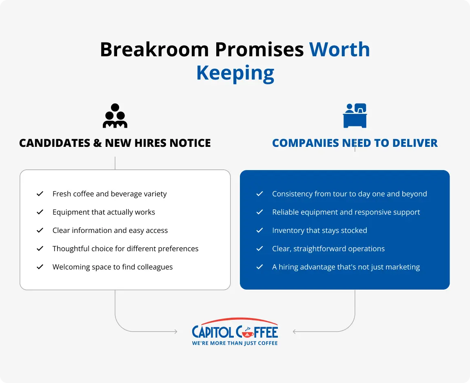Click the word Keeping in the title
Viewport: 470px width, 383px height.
click(x=235, y=73)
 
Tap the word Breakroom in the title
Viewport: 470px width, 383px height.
click(x=154, y=49)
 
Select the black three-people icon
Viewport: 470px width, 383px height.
click(x=115, y=116)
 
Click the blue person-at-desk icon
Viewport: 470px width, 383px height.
click(x=355, y=116)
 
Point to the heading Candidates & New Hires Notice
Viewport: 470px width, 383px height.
click(x=115, y=143)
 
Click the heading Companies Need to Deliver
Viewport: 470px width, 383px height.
click(x=355, y=143)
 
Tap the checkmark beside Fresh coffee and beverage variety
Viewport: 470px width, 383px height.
click(x=40, y=194)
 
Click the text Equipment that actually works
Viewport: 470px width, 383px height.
click(x=104, y=212)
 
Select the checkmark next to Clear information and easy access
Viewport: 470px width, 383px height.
click(x=40, y=230)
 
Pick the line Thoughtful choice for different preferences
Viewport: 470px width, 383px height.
click(x=125, y=249)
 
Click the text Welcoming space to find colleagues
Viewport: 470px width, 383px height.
click(x=113, y=267)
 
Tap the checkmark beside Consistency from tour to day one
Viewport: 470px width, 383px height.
click(x=259, y=194)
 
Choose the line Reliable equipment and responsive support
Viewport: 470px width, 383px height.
click(x=346, y=212)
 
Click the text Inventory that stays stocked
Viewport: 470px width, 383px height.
click(x=319, y=230)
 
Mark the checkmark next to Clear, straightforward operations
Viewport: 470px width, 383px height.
click(x=259, y=249)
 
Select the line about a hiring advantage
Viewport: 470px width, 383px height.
click(x=346, y=267)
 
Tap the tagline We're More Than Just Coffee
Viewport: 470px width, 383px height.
click(x=235, y=343)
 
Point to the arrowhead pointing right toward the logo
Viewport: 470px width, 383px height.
click(x=176, y=332)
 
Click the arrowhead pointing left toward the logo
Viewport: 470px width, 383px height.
click(x=295, y=332)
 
